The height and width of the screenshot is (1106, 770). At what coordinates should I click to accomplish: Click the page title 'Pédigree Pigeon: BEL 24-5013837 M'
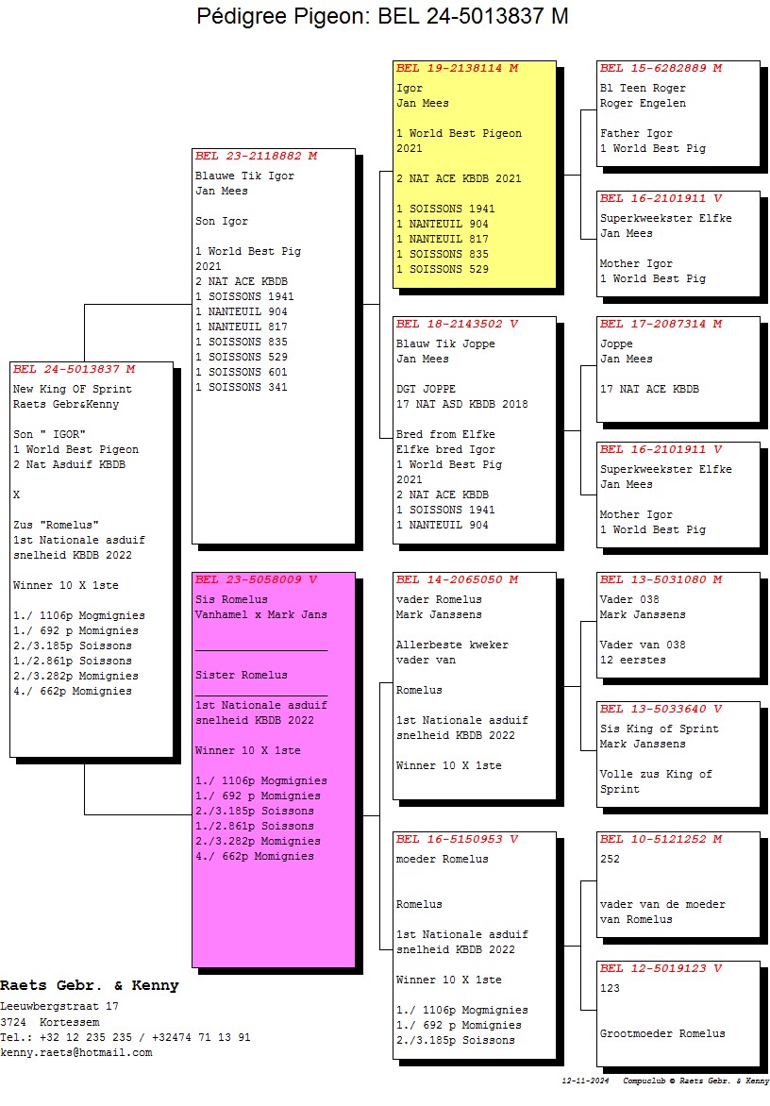point(382,17)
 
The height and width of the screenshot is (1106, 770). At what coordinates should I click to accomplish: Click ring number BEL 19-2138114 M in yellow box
point(458,69)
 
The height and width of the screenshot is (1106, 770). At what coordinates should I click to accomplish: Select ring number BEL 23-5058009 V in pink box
point(256,579)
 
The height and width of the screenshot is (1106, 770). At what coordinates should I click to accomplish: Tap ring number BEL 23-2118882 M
point(256,156)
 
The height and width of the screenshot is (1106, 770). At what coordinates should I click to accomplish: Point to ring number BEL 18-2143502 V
point(458,324)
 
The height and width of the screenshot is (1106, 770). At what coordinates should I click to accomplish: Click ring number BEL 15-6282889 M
point(661,69)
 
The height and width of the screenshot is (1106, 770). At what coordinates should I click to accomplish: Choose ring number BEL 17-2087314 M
point(661,324)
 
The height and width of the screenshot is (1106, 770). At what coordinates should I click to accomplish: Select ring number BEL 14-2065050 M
point(458,579)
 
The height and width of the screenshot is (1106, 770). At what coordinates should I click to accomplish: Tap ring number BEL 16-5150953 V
point(458,839)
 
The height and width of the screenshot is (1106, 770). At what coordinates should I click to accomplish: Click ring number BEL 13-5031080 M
point(661,579)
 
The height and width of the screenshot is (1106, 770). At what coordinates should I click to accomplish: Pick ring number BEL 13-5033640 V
point(661,709)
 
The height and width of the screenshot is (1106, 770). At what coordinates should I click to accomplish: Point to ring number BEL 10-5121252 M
point(661,839)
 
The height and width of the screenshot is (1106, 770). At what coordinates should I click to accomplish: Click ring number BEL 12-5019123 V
point(661,968)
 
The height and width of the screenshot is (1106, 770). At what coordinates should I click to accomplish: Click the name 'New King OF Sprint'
point(73,390)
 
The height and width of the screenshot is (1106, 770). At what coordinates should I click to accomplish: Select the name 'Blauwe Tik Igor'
point(244,176)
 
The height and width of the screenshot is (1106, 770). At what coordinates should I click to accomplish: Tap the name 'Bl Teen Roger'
point(643,89)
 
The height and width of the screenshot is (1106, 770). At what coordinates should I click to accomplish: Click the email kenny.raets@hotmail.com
point(75,1053)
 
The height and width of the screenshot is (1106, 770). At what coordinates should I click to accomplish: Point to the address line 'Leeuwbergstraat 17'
point(59,1007)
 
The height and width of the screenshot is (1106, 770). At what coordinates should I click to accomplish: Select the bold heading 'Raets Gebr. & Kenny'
point(89,986)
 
